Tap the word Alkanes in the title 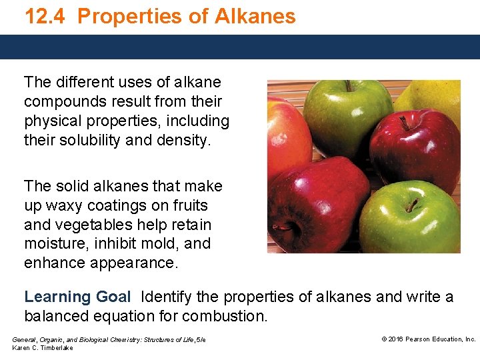[256, 16]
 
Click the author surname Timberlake [57, 348]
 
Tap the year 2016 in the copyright [396, 339]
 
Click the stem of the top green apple [348, 86]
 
